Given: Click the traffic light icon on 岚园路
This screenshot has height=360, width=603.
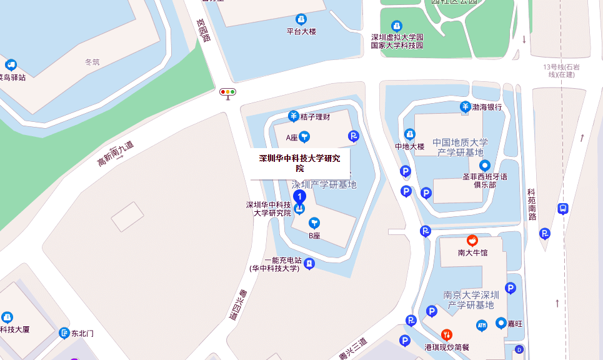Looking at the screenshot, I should [x=227, y=92].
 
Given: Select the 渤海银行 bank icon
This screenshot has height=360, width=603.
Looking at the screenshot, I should [x=466, y=107].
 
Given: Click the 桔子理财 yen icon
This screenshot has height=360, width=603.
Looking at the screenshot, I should [x=293, y=116].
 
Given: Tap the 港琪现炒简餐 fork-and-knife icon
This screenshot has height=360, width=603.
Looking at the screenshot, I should [x=446, y=334].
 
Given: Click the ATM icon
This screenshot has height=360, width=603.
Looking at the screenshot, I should [x=482, y=325].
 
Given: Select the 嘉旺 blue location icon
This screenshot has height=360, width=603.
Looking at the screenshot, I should [x=501, y=323].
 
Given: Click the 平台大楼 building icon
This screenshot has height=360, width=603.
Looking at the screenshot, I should [x=301, y=19].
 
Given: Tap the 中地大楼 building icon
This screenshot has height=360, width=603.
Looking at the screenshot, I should [x=410, y=134].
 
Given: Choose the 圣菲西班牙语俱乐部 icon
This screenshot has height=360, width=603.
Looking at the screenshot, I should [x=484, y=166].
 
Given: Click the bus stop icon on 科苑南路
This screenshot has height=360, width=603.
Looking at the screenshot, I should [x=563, y=209].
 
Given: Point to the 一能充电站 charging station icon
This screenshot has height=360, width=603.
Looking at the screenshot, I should [x=309, y=264].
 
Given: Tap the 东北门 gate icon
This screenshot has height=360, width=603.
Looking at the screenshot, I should [x=64, y=333].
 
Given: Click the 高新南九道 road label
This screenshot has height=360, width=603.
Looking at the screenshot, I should [x=116, y=154].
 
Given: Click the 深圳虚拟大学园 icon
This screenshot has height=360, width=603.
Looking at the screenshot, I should [x=397, y=26].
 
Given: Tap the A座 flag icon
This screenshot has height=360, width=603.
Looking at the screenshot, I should [x=304, y=136].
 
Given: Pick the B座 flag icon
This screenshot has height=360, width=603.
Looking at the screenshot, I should [x=314, y=223].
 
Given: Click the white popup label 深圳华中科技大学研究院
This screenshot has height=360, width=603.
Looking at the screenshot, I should [x=300, y=163].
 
